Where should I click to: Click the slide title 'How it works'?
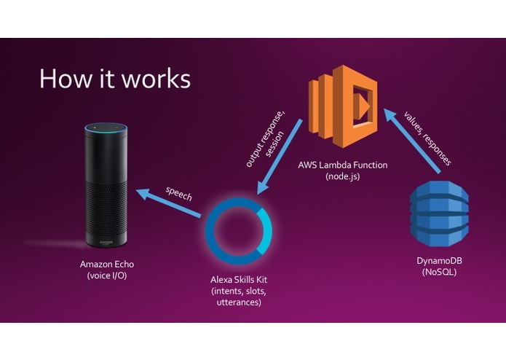(x=114, y=78)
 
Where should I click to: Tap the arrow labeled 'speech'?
(x=172, y=204)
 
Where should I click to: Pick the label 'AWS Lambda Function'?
(x=342, y=165)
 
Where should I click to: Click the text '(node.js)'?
(x=342, y=177)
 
